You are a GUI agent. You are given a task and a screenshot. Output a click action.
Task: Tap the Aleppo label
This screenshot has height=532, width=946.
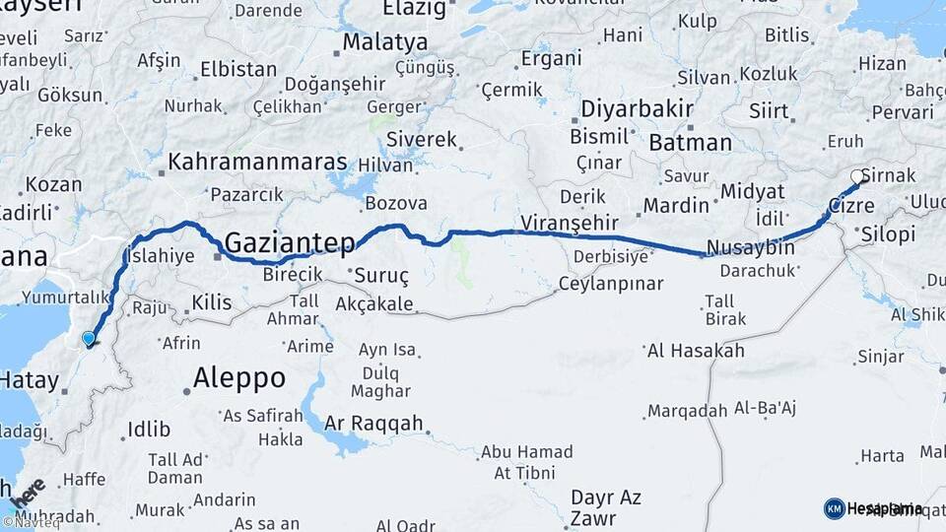(239, 377)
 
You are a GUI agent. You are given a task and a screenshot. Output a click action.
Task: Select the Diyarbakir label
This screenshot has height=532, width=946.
(631, 108)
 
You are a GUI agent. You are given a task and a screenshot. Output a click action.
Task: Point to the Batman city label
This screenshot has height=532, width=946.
(689, 142)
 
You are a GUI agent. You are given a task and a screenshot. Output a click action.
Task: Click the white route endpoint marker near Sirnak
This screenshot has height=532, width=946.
(857, 177)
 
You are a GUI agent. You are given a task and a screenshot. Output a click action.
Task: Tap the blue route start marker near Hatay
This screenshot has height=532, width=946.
(89, 339)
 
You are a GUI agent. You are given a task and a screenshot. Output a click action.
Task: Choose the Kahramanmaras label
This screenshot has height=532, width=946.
(257, 161)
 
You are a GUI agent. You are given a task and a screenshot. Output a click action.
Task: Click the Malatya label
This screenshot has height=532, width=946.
(385, 42)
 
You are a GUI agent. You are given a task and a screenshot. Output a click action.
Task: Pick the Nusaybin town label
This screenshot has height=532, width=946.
(751, 247)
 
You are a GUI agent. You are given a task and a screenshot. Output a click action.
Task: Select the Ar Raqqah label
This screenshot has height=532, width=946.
(374, 423)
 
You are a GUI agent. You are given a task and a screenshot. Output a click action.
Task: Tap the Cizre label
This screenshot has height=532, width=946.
(851, 207)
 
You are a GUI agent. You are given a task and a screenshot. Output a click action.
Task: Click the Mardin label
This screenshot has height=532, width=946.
(676, 206)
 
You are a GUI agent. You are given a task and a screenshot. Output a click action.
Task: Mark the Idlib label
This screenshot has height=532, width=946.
(149, 430)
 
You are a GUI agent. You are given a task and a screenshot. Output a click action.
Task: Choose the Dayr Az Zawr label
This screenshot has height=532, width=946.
(606, 508)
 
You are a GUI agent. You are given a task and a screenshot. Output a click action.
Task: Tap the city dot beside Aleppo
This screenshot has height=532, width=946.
(186, 391)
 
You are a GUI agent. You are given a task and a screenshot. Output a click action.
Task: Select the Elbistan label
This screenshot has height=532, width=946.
(237, 70)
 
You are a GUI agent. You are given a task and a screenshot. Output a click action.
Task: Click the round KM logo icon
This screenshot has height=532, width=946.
(834, 508)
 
